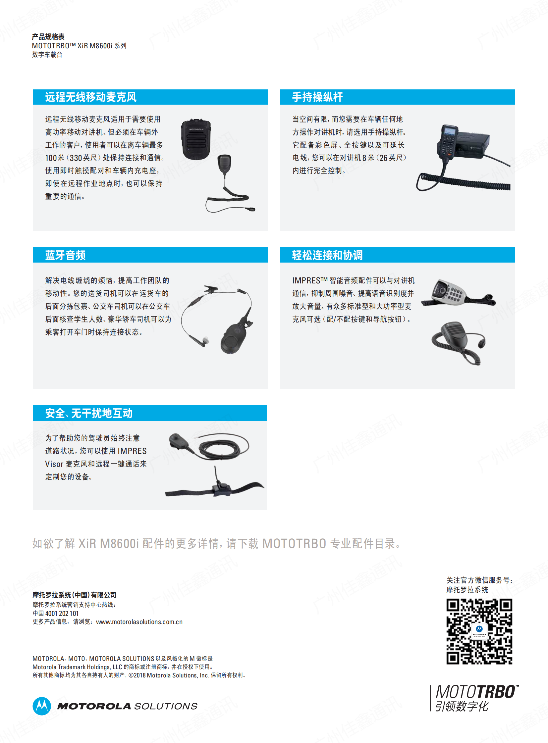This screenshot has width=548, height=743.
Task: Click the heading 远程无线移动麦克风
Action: [90, 97]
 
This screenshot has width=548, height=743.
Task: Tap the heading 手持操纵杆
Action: [317, 97]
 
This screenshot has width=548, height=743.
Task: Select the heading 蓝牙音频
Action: [65, 255]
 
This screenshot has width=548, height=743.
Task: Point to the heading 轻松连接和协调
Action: [327, 255]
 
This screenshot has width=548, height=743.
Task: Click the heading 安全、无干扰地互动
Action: [89, 413]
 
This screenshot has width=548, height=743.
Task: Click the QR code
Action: [479, 631]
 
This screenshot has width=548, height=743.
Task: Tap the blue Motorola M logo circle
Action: [42, 706]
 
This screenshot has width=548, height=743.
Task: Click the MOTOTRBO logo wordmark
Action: [477, 692]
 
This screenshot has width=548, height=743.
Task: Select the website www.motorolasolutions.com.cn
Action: [139, 622]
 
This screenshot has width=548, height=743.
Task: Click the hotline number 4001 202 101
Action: [62, 613]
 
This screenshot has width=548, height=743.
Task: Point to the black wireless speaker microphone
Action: [196, 139]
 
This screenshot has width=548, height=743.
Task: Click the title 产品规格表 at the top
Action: [48, 37]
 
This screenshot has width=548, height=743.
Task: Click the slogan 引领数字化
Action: [462, 706]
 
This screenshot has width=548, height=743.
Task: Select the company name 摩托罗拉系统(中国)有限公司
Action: [74, 595]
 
